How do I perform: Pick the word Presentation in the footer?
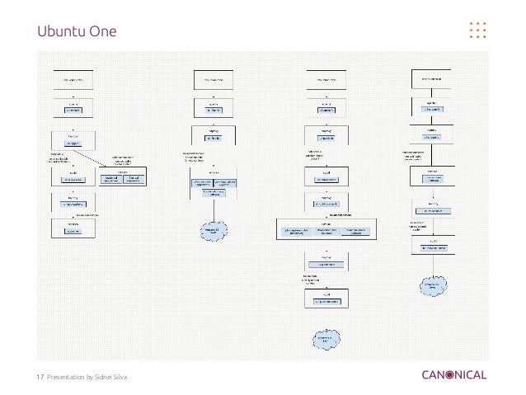click(x=67, y=377)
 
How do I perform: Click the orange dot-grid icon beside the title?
click(x=477, y=30)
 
